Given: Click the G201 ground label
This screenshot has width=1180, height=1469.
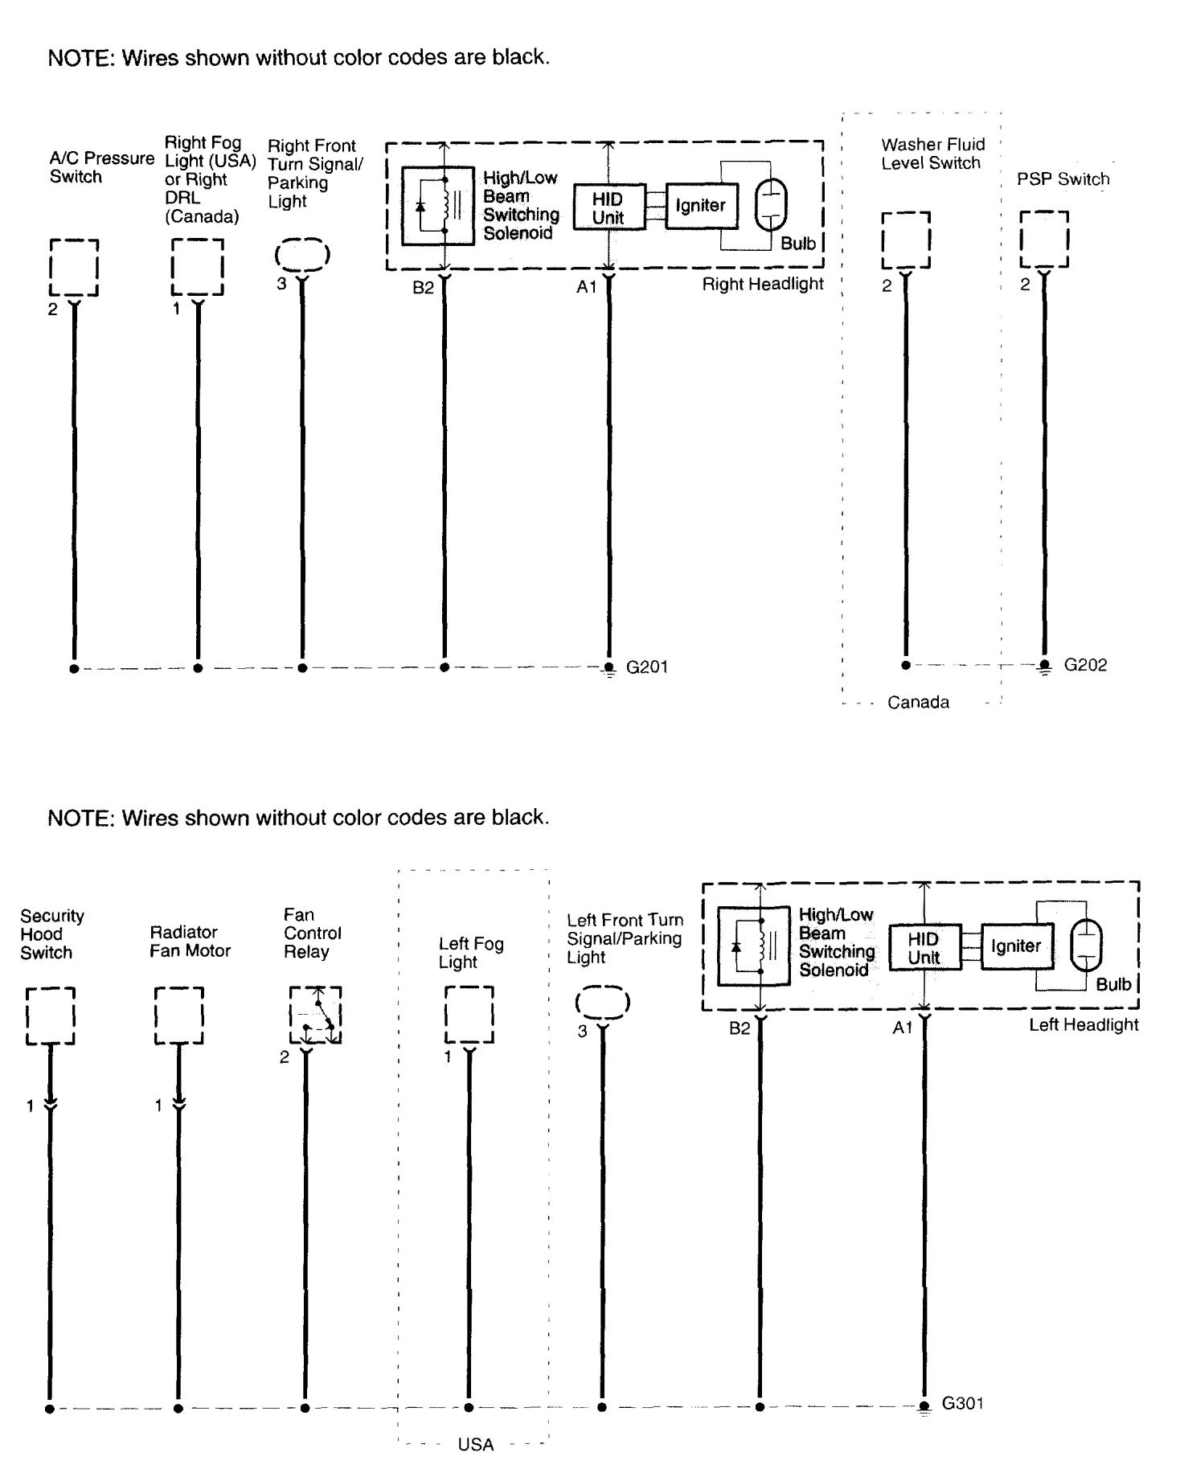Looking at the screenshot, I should coord(646,667).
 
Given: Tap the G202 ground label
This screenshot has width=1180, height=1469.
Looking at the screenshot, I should coord(1084,666).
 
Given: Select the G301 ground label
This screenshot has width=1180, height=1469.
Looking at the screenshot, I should coord(962,1403).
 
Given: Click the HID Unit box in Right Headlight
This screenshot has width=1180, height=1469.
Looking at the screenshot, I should coord(608,207).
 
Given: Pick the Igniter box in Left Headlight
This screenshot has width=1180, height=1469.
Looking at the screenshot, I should coord(1016,946).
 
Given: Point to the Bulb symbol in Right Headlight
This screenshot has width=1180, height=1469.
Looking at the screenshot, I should coord(770,205).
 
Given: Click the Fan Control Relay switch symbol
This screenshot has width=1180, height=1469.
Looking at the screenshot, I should coord(316,1016).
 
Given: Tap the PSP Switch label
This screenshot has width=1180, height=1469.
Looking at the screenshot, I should coord(1063,179).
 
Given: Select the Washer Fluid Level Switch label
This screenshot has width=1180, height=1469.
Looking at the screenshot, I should coord(932,154).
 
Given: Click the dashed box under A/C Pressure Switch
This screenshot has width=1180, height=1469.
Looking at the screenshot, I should coord(74,268).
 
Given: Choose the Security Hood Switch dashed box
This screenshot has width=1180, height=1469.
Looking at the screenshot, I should coord(51,1016).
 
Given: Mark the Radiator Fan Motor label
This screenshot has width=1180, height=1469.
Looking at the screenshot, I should coord(190,942).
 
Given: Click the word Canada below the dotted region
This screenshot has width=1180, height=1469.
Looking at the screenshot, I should coord(918,703).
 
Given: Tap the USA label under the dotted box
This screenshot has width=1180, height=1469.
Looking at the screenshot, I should coord(475,1445).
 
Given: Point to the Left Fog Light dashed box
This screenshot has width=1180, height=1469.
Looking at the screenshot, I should coord(469,1015).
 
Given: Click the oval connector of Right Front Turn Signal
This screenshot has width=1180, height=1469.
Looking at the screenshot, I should coord(302,255).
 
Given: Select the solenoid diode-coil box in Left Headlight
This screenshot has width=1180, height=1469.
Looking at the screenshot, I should coord(753,946).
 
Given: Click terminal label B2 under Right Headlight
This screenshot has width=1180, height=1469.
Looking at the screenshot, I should coord(423,287).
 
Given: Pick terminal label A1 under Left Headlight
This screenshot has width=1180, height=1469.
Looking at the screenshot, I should coord(902,1028).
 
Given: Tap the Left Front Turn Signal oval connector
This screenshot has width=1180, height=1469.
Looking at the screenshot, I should coord(602,1003).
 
